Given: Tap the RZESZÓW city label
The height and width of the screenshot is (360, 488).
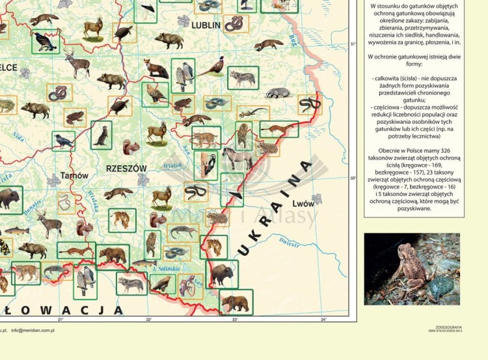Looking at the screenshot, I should (x=126, y=168).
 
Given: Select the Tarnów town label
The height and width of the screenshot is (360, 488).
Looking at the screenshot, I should (x=74, y=176).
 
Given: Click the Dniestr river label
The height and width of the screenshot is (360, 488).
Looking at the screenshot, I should (x=289, y=242).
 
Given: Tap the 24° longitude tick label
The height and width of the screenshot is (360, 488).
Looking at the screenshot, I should (x=323, y=319).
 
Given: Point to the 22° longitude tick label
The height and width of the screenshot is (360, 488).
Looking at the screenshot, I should (x=148, y=319).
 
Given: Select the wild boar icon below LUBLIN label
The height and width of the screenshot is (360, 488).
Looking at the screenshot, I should (x=169, y=40).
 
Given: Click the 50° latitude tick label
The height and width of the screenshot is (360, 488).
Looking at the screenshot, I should (x=353, y=178).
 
